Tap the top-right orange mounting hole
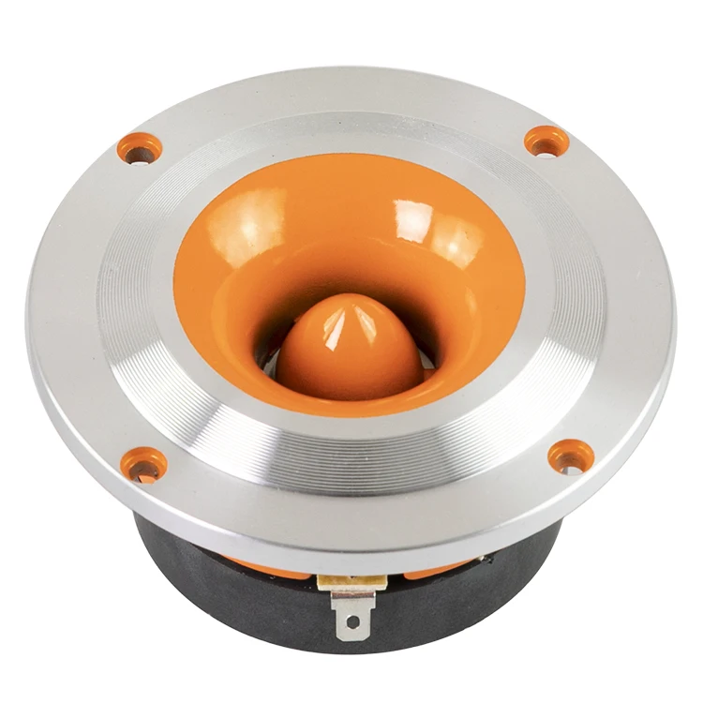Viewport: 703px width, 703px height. click(x=546, y=142)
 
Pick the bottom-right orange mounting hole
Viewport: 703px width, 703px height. click(x=571, y=456)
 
